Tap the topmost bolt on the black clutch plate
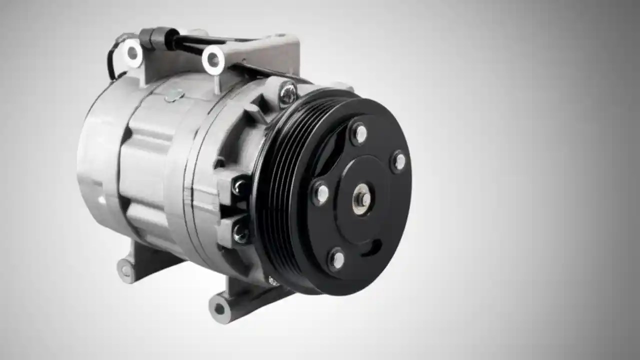(359, 134)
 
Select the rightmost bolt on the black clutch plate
(399, 161)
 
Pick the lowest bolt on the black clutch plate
(337, 259)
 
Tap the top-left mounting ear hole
(132, 52)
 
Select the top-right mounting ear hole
(213, 59)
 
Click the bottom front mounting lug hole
(219, 308)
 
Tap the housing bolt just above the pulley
(287, 93)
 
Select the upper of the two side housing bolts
(240, 187)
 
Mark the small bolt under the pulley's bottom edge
(273, 281)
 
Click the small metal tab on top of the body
(174, 95)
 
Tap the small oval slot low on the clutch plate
(372, 246)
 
